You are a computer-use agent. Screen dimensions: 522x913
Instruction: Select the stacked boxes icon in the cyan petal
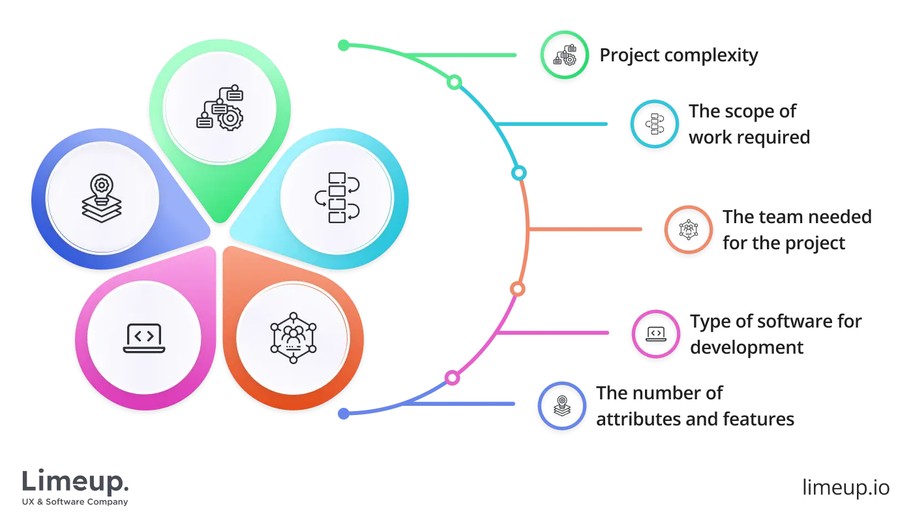[337, 198]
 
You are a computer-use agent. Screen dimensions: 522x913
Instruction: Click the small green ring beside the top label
[564, 55]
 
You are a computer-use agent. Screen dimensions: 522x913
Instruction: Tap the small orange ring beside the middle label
[689, 230]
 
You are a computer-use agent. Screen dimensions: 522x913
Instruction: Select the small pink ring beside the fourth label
[655, 334]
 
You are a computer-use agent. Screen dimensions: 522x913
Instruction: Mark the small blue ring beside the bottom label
[561, 406]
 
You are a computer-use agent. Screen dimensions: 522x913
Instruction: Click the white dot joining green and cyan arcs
[455, 82]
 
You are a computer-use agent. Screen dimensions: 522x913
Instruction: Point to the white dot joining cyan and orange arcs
[518, 174]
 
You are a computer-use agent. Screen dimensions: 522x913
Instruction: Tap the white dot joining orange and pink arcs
[516, 288]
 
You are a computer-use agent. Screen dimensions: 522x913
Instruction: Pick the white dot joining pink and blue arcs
[451, 378]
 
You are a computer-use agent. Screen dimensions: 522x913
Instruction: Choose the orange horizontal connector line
[587, 230]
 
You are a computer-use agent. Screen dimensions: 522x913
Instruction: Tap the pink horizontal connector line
[554, 333]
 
